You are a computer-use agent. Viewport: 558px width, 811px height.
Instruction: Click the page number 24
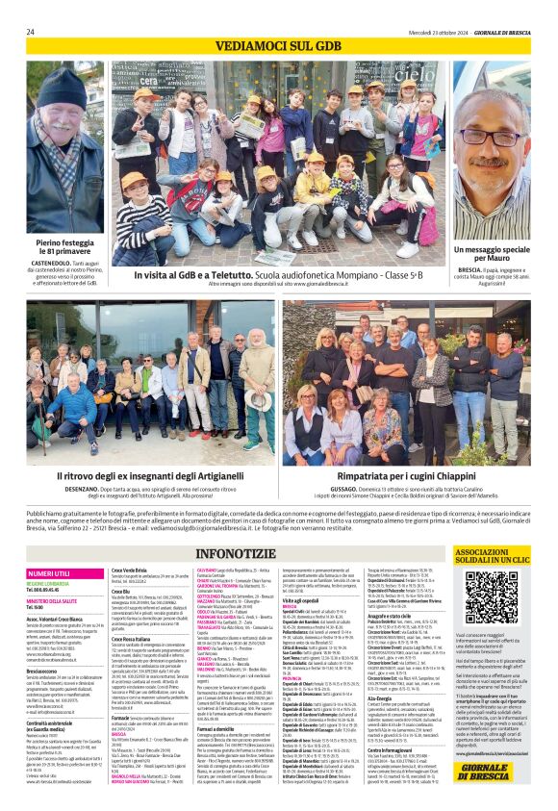click(x=31, y=32)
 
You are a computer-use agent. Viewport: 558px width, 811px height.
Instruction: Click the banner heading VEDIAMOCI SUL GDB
click(x=278, y=46)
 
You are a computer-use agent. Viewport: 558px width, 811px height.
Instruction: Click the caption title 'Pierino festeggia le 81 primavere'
click(x=65, y=248)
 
